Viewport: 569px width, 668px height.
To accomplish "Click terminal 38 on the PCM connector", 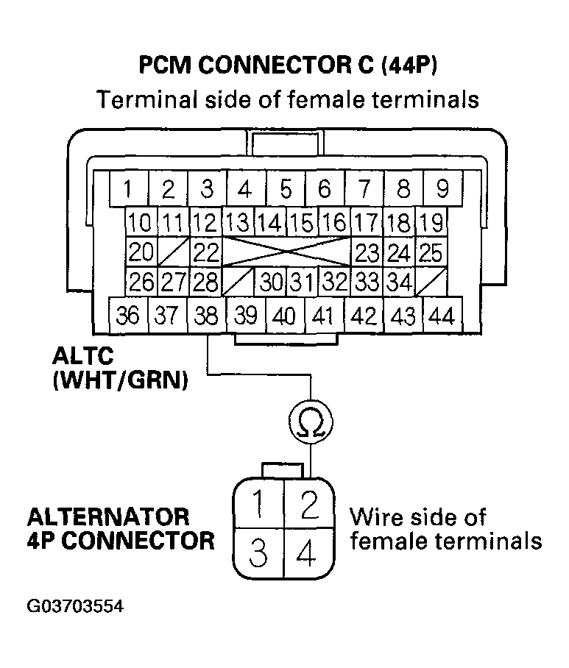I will click(x=207, y=316).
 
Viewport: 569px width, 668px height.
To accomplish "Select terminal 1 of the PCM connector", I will click(x=128, y=189).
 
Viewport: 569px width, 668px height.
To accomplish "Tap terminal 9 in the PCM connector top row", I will click(x=442, y=189).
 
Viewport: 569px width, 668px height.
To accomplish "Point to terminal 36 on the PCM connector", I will click(x=128, y=316).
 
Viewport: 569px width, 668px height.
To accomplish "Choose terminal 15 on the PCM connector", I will click(x=300, y=222).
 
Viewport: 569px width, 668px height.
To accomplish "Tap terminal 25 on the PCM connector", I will click(x=431, y=253).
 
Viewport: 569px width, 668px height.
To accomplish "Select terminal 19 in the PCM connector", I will click(x=431, y=222).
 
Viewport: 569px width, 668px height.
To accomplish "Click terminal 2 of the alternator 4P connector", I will click(x=310, y=505).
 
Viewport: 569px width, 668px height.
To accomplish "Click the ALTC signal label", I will click(x=82, y=357).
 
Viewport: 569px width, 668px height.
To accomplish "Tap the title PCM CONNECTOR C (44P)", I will click(x=288, y=66).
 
